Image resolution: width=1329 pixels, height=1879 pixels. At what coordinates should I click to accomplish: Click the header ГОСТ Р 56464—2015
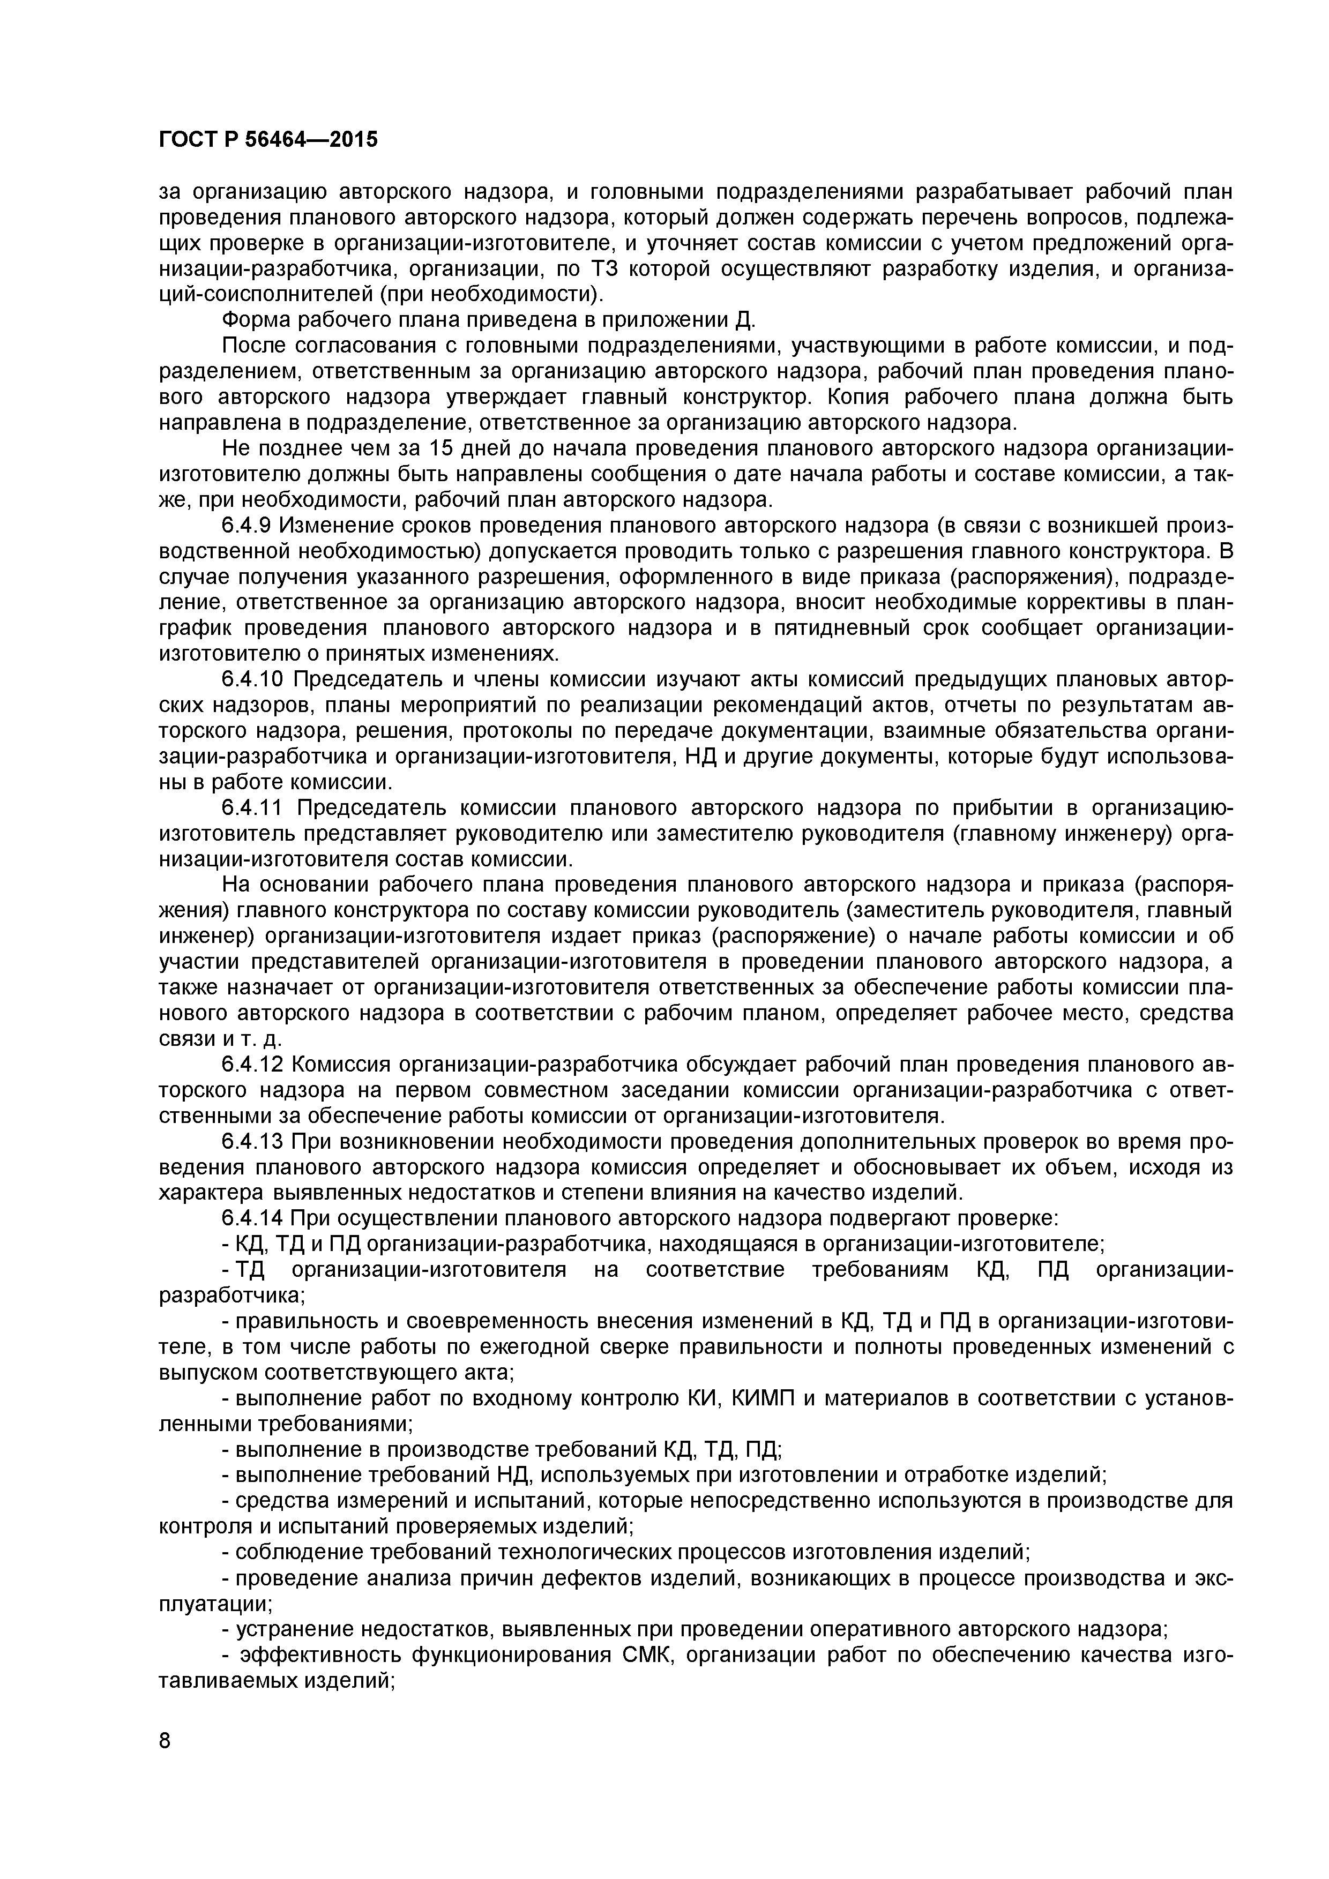click(x=267, y=140)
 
